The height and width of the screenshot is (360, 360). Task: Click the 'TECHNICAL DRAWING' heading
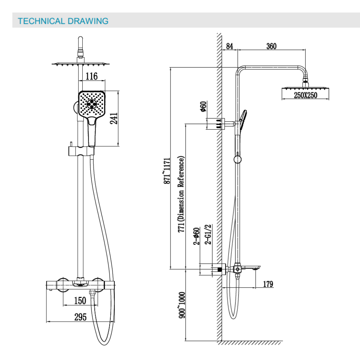click(x=63, y=21)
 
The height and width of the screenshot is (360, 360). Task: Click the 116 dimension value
click(x=92, y=76)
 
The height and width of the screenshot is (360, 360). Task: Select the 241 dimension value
click(x=114, y=118)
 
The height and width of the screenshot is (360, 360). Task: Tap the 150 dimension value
click(x=80, y=301)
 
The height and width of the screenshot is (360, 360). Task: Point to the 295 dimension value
click(x=81, y=317)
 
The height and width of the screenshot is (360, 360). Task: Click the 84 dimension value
click(x=230, y=46)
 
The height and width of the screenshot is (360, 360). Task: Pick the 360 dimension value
click(x=271, y=46)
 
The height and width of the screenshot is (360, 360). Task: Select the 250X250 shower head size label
click(x=306, y=95)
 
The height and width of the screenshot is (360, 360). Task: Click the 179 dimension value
click(x=268, y=284)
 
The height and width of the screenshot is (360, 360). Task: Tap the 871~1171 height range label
click(x=167, y=171)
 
